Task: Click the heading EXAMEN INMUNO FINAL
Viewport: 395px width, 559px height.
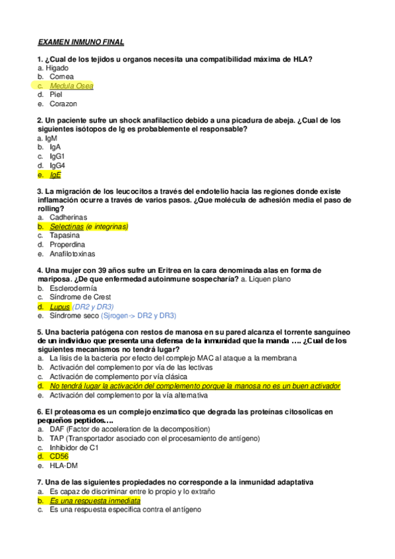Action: (80, 42)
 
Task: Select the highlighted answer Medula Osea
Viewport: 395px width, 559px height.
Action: (71, 86)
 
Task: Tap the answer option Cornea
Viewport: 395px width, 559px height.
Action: (61, 76)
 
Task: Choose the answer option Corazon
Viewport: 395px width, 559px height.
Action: (63, 103)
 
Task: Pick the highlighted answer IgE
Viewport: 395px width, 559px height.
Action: (55, 175)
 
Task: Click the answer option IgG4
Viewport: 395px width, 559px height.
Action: (57, 165)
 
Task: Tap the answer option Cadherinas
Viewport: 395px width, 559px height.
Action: (68, 218)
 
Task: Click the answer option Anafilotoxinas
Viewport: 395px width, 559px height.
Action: (72, 253)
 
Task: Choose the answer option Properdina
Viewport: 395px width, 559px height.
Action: (67, 245)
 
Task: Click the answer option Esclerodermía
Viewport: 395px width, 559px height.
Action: (73, 289)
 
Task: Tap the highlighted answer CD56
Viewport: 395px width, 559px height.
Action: (59, 456)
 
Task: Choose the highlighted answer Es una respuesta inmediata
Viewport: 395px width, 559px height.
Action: (94, 500)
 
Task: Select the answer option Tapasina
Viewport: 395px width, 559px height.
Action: (65, 235)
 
